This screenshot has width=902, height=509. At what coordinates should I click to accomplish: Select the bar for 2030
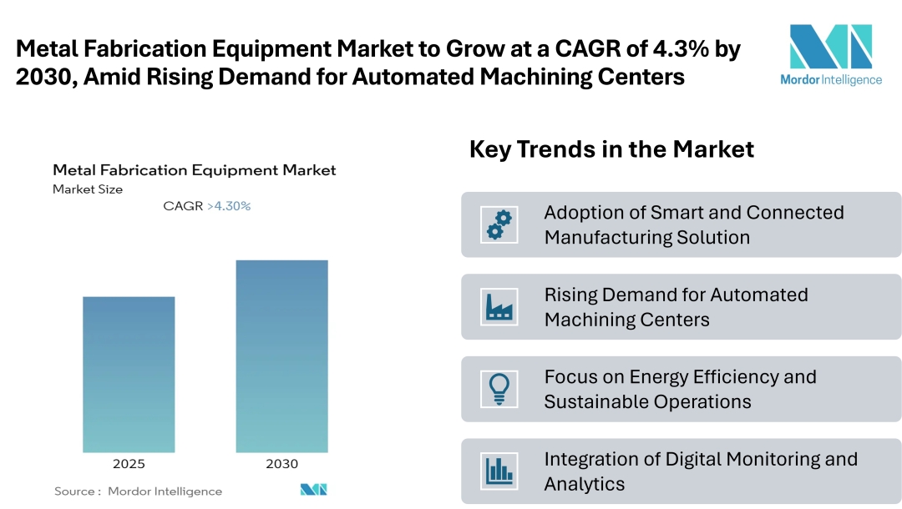point(281,356)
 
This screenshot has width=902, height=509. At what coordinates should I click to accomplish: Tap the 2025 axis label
point(129,464)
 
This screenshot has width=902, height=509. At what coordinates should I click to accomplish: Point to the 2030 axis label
point(281,464)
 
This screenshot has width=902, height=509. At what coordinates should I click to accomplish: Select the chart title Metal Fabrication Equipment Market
point(194,170)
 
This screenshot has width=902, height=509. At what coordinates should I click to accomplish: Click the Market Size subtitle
point(88,189)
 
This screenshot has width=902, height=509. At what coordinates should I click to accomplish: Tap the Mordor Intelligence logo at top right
point(830,54)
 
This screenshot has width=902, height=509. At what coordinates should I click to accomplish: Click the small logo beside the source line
point(313,490)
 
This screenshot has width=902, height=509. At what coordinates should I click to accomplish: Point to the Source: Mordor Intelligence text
point(139,491)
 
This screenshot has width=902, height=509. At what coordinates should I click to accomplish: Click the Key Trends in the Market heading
point(611,149)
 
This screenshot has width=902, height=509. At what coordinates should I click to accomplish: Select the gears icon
point(499,224)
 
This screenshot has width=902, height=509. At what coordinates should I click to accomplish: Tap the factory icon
point(499,307)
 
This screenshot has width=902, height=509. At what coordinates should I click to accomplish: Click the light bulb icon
point(499,389)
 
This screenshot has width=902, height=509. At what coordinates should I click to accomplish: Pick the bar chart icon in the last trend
point(499,471)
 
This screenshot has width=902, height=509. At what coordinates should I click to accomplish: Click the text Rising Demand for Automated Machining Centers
point(676,307)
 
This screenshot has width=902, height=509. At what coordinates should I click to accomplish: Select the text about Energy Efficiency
point(680,389)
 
